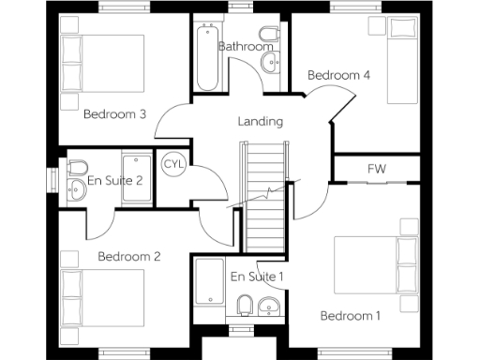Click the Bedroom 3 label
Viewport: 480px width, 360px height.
[x=114, y=115]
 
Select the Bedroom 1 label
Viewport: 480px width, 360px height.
[x=350, y=316]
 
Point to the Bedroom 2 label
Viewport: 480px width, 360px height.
[x=129, y=256]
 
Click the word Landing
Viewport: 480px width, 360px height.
[x=260, y=121]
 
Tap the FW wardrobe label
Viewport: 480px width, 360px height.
[x=377, y=169]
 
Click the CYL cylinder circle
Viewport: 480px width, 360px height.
[x=173, y=164]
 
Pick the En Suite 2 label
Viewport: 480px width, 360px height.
[x=114, y=180]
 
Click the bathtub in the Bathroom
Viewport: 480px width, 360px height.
[x=207, y=56]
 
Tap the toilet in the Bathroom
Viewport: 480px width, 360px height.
[x=268, y=38]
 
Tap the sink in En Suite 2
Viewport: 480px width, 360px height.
[x=77, y=189]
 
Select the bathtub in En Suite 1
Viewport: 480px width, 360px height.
[x=207, y=292]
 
